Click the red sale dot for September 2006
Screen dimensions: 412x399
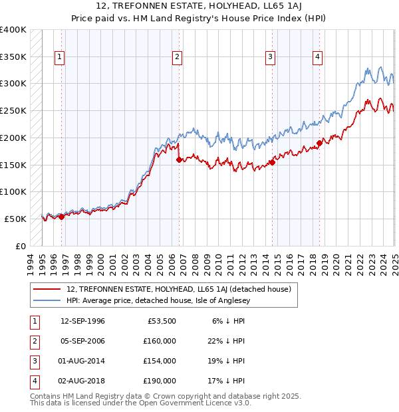179,159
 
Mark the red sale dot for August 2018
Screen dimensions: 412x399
320,143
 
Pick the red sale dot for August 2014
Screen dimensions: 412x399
273,162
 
